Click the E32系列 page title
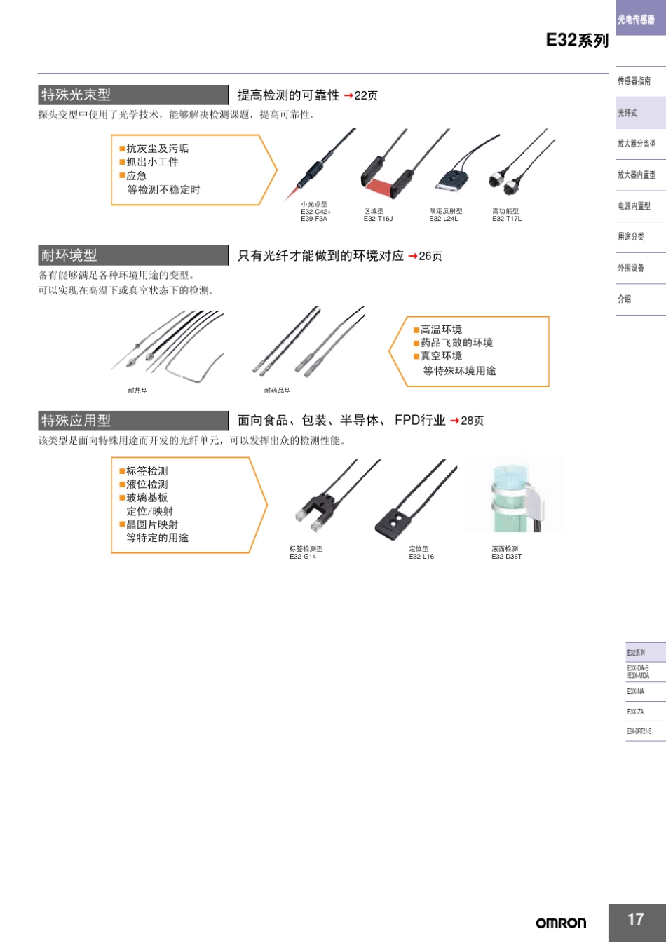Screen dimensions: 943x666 (577, 41)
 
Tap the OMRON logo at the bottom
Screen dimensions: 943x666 (561, 923)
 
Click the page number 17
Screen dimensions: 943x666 (635, 919)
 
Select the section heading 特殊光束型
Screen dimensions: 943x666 (76, 95)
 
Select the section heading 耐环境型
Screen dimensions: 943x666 (69, 255)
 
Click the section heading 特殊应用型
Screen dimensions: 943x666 (76, 421)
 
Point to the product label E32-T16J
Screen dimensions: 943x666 (378, 219)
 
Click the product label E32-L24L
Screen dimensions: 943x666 (444, 219)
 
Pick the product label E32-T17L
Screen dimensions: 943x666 (507, 219)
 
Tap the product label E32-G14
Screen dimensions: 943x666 (303, 557)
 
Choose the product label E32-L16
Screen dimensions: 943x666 (421, 557)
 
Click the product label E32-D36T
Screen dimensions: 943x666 (507, 557)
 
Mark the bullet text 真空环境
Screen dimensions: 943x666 (441, 356)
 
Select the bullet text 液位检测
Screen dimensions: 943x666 (147, 484)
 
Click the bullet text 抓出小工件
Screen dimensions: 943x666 (152, 162)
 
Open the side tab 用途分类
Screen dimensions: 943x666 (631, 237)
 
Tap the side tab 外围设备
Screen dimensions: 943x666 (631, 268)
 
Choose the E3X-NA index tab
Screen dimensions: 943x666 (636, 692)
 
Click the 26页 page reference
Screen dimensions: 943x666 (430, 257)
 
